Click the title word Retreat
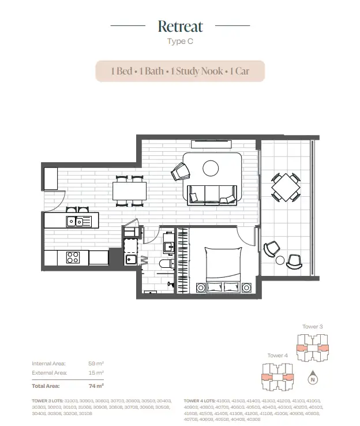(x=180, y=26)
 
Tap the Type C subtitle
(x=180, y=41)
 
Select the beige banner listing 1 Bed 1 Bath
(x=180, y=71)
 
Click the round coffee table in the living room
(x=211, y=168)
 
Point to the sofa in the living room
(x=213, y=194)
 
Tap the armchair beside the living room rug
(x=181, y=171)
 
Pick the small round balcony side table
(x=280, y=260)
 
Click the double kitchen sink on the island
(x=78, y=221)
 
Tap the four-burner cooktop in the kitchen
(x=73, y=257)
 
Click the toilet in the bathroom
(x=167, y=265)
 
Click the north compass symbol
(x=312, y=379)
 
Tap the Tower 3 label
(x=312, y=327)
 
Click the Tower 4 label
(x=277, y=356)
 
